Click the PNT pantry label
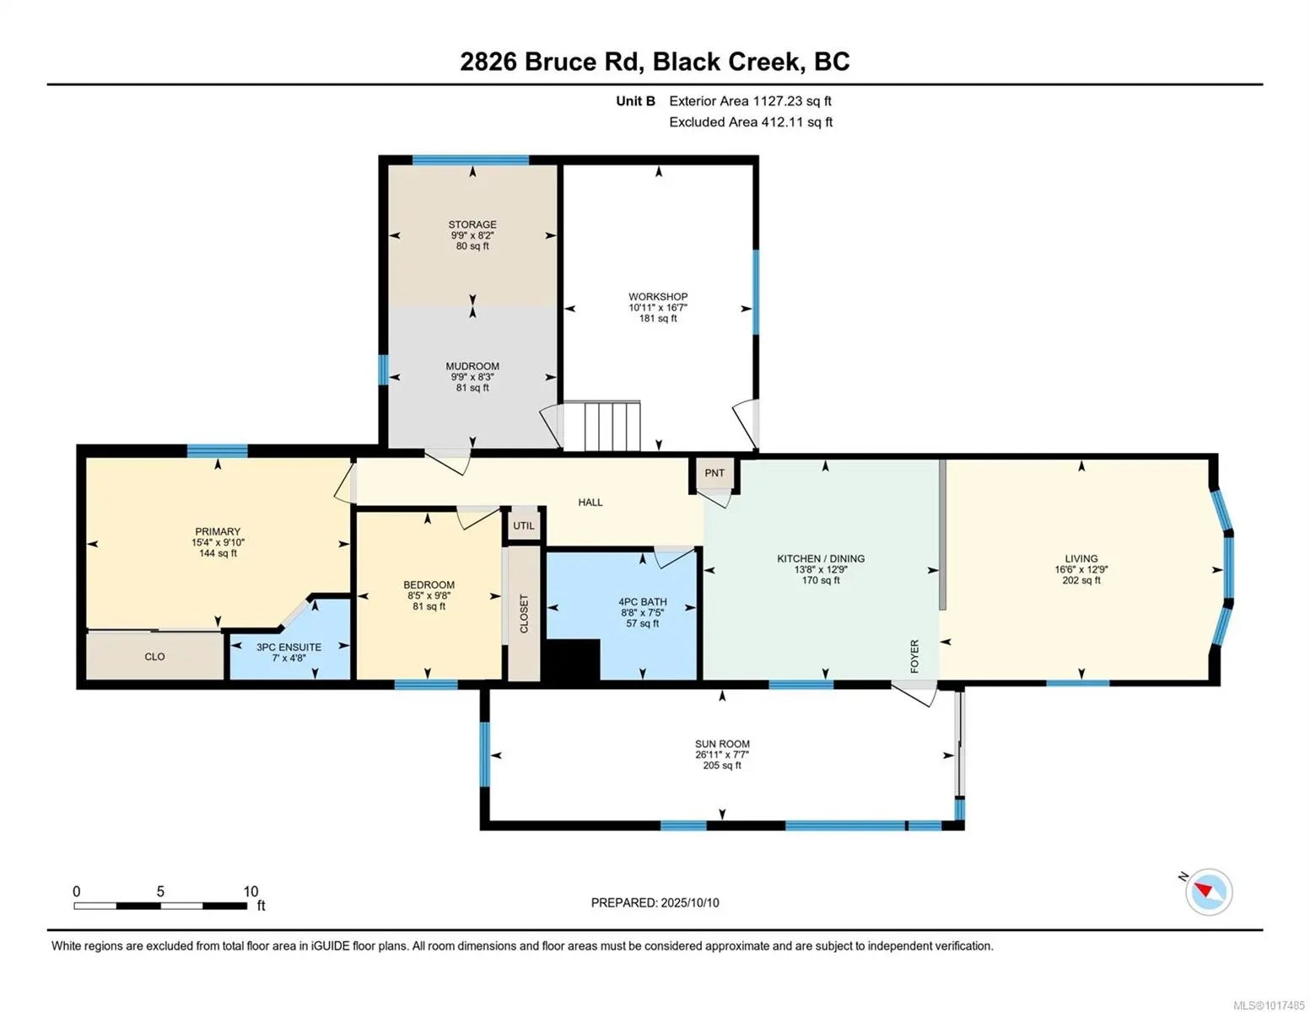click(x=714, y=473)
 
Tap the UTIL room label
click(x=523, y=525)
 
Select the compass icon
click(x=1208, y=891)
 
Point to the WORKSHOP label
click(x=658, y=297)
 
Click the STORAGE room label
click(x=472, y=224)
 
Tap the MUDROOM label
click(x=472, y=366)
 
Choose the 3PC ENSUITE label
click(x=288, y=647)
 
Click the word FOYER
click(x=914, y=656)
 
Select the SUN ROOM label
click(x=721, y=744)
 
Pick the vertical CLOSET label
click(x=524, y=614)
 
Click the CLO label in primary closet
click(x=154, y=656)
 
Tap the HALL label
click(x=590, y=502)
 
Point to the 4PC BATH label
click(x=642, y=601)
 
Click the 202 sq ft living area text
click(x=1081, y=580)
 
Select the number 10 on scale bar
click(x=251, y=891)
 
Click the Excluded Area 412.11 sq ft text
click(x=751, y=121)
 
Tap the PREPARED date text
click(x=655, y=902)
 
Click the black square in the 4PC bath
click(x=573, y=660)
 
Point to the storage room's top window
click(x=470, y=160)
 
